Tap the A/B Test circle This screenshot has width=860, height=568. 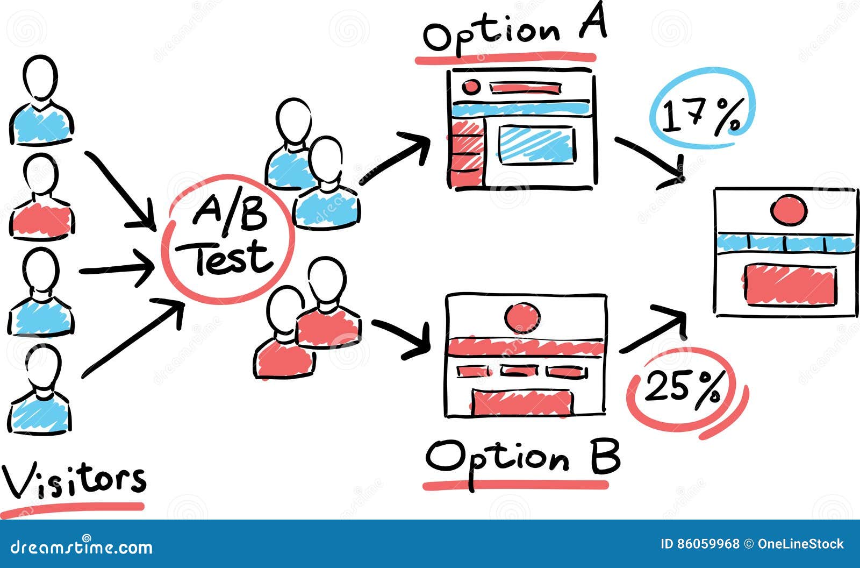230,238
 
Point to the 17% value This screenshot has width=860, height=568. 701,115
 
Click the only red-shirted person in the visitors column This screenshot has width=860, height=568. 41,199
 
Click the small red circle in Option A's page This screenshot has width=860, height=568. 471,86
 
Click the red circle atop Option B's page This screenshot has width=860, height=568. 522,317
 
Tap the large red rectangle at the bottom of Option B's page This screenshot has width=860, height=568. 521,402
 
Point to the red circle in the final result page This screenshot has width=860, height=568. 788,209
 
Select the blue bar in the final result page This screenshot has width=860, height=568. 785,243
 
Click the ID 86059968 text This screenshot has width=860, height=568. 700,544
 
